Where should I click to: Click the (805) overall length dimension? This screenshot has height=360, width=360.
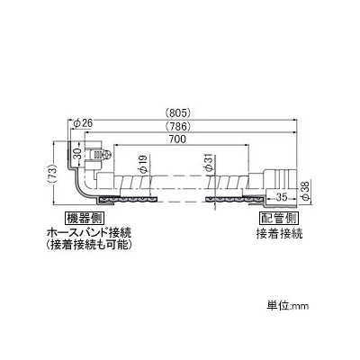178,113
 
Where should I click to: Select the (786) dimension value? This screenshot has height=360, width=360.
178,127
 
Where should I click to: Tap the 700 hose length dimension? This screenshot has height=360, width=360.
179,139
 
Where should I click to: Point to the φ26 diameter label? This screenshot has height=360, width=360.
83,123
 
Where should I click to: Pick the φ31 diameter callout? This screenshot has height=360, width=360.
209,164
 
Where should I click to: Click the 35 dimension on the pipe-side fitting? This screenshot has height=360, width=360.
281,197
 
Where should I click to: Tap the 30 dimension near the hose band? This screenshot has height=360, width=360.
77,155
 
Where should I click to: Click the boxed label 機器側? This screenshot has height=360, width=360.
84,218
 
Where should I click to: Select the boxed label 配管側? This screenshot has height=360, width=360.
279,218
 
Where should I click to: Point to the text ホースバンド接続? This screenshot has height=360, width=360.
89,233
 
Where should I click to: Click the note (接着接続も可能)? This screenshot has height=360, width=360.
89,246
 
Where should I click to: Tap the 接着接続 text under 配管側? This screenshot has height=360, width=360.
279,233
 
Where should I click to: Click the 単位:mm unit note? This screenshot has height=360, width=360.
288,306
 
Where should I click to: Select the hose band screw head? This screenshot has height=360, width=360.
107,155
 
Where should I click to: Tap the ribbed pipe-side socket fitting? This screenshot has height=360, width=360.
280,179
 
